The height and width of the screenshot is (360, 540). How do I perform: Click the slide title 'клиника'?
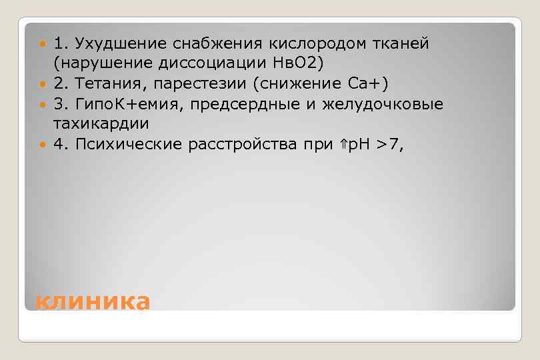[93, 301]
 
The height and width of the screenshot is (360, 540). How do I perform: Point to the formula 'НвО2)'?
[300, 64]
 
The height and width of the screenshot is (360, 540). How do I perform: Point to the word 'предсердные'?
[247, 104]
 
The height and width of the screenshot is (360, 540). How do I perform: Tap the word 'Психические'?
[125, 144]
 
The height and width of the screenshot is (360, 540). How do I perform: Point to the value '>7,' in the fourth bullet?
[390, 144]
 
